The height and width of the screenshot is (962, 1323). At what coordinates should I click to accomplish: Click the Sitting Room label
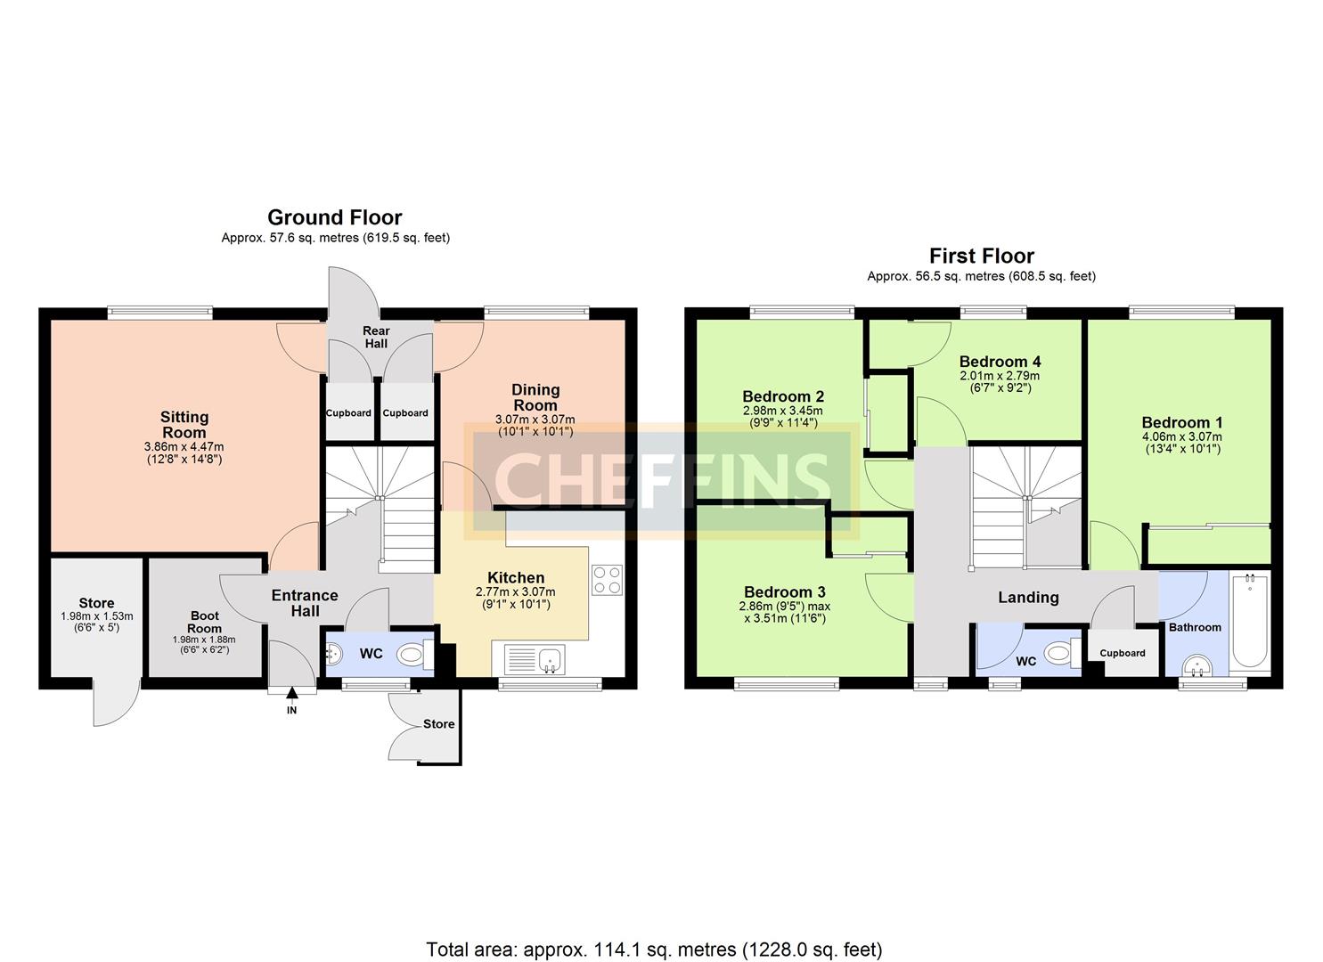pyautogui.click(x=184, y=424)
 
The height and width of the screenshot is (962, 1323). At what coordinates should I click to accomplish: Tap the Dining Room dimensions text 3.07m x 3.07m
pyautogui.click(x=535, y=420)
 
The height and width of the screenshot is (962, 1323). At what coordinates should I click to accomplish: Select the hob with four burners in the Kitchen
pyautogui.click(x=607, y=580)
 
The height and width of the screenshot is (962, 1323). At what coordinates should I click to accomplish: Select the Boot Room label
pyautogui.click(x=204, y=622)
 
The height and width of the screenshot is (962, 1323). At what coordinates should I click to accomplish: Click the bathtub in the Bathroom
pyautogui.click(x=1249, y=621)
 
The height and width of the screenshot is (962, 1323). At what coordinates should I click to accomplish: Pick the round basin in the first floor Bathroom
pyautogui.click(x=1196, y=665)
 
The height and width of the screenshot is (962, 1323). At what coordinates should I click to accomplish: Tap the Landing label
pyautogui.click(x=1028, y=598)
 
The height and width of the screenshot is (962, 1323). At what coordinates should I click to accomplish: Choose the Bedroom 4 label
pyautogui.click(x=1000, y=362)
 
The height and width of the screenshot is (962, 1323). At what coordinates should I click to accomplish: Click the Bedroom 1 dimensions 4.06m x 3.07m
pyautogui.click(x=1181, y=437)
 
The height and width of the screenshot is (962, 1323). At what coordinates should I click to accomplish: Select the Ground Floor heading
pyautogui.click(x=335, y=217)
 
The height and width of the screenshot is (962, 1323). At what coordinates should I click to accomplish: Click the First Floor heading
pyautogui.click(x=981, y=257)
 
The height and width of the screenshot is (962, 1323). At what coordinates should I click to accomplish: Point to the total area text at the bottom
pyautogui.click(x=654, y=950)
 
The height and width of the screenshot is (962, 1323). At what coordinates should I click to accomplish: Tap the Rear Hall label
pyautogui.click(x=376, y=337)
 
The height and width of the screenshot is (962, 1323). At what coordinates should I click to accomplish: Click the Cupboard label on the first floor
pyautogui.click(x=1122, y=653)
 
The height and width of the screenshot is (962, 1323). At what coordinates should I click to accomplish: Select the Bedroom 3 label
pyautogui.click(x=784, y=592)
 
